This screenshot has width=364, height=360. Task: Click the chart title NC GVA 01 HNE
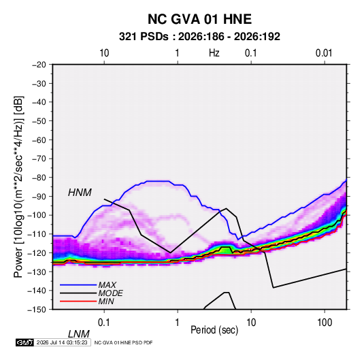199,19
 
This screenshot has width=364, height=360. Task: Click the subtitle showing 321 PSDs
199,37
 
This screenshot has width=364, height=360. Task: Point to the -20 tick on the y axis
39,65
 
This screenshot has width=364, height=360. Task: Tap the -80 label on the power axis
39,178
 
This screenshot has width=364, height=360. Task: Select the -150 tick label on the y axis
37,310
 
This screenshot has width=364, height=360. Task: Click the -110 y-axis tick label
37,234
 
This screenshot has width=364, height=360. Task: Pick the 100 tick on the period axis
325,323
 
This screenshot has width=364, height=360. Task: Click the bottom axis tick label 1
178,323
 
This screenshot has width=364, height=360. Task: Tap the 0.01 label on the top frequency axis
324,53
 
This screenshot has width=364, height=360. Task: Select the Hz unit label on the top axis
214,53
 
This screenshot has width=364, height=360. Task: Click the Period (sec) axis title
214,330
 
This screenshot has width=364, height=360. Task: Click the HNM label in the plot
80,193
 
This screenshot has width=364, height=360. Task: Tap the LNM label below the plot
79,334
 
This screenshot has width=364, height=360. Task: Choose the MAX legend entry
107,285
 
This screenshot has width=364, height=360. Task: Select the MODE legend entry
110,293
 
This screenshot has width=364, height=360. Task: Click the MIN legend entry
106,301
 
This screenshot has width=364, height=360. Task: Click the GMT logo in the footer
25,342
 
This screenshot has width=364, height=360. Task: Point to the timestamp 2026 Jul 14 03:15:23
62,342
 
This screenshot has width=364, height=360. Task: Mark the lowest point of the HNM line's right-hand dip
274,288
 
